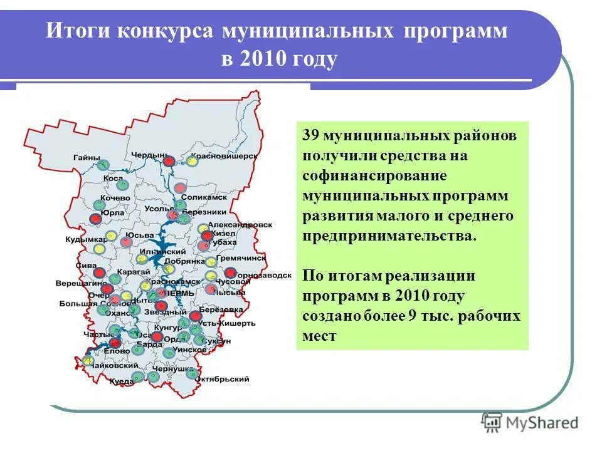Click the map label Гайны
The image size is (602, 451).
click(86, 157)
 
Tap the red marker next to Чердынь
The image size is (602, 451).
click(168, 161)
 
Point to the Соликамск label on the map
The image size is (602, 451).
click(199, 197)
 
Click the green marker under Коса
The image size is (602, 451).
click(122, 185)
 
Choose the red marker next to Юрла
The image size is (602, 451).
click(95, 219)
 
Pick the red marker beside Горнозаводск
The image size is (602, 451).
click(230, 272)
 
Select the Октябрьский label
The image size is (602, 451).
click(222, 379)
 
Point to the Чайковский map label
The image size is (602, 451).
click(115, 365)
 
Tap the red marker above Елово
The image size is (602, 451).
click(115, 343)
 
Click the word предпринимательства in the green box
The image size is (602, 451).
click(389, 236)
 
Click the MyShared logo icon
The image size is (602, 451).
click(491, 422)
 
